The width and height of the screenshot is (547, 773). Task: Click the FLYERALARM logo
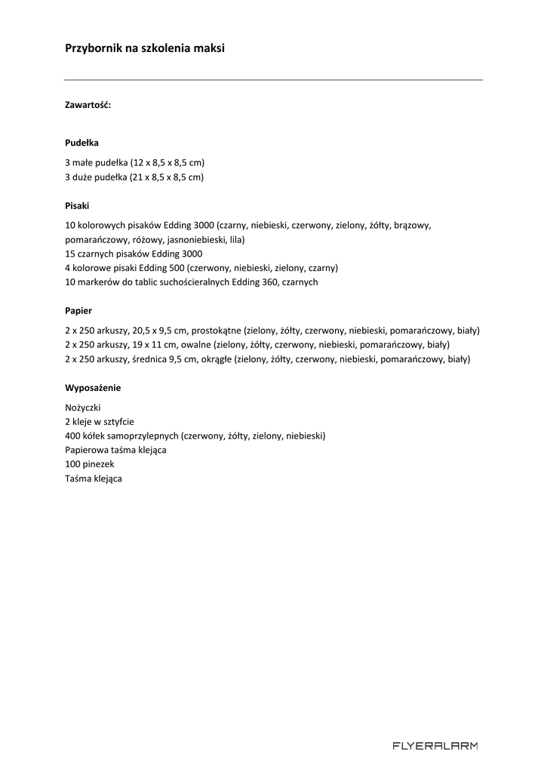[x=435, y=746]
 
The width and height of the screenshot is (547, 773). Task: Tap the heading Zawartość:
[x=88, y=105]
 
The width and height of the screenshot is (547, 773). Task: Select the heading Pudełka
[x=81, y=142]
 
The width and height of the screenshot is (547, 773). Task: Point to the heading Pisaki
[x=78, y=205]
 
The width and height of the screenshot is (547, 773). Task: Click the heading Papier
[x=78, y=310]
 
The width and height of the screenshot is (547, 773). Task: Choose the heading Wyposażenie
[x=93, y=388]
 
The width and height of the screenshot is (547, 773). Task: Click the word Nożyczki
[x=83, y=408]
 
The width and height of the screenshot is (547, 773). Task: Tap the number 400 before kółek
[x=73, y=436]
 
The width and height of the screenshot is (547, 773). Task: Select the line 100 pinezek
[x=90, y=465]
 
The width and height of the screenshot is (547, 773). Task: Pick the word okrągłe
[x=215, y=359]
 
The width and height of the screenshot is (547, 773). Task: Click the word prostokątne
[x=217, y=331]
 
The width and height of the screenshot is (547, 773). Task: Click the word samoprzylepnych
[x=143, y=436]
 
